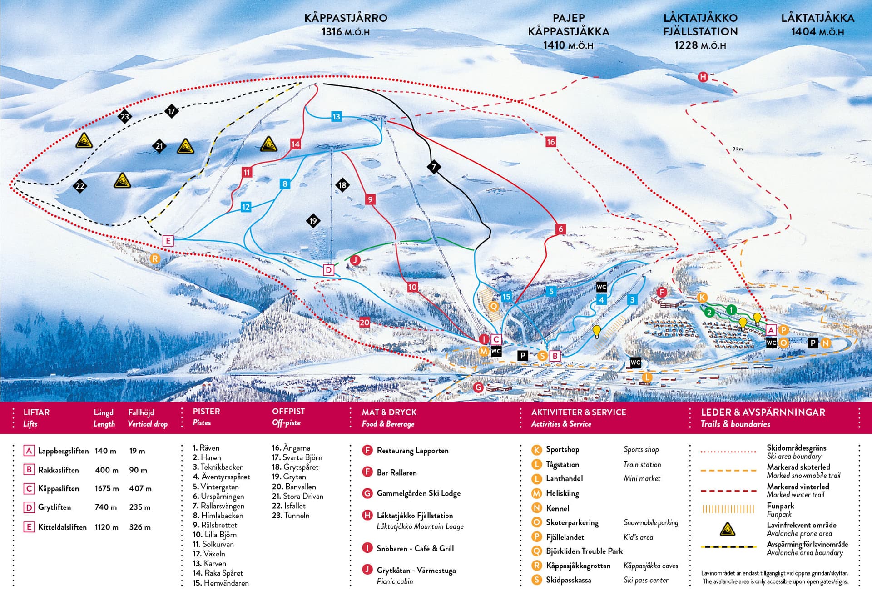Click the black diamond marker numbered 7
[x=434, y=167]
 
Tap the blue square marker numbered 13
[x=336, y=117]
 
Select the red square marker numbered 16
[x=550, y=142]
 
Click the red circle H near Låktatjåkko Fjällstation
[x=703, y=77]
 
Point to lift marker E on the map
[x=168, y=241]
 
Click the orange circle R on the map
[x=155, y=259]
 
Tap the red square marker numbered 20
[x=365, y=322]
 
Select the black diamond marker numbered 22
[x=80, y=186]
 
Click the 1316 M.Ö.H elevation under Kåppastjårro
[x=345, y=32]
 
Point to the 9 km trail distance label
[x=737, y=149]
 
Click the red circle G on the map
[x=478, y=387]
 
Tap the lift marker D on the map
[x=328, y=270]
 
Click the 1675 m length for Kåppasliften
[x=107, y=488]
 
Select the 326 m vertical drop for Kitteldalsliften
[x=140, y=527]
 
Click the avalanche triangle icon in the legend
[x=728, y=529]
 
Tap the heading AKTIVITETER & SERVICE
[x=578, y=412]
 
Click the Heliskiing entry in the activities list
[x=562, y=493]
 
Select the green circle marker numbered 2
[x=709, y=312]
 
